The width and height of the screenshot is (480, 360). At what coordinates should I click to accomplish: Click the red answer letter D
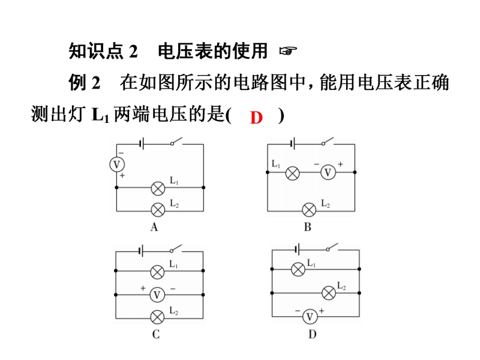(257, 117)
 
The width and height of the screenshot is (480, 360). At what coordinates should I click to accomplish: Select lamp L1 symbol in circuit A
(157, 188)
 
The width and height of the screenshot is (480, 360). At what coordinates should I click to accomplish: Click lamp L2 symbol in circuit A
(157, 210)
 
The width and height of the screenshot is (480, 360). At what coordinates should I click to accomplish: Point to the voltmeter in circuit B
(327, 173)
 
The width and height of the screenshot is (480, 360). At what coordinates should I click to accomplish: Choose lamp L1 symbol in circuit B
(292, 173)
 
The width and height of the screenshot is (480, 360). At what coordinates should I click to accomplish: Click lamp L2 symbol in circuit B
(309, 210)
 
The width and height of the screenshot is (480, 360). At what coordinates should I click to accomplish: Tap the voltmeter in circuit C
(157, 295)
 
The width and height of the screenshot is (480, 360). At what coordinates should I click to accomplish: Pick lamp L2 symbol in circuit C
(157, 317)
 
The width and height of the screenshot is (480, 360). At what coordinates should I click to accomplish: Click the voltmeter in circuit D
(310, 316)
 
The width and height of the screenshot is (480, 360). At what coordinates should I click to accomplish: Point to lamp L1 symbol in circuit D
(298, 269)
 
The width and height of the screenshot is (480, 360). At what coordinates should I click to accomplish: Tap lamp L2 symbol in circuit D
(328, 292)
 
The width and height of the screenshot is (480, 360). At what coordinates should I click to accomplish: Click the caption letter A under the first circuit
(155, 227)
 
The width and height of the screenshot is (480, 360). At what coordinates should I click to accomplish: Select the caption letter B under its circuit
(308, 227)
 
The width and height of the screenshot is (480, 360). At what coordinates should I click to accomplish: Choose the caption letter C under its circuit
(155, 334)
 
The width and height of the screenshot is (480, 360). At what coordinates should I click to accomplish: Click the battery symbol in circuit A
(141, 144)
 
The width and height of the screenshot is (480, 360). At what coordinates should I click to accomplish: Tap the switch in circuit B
(328, 143)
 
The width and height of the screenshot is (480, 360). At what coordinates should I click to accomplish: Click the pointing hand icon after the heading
(287, 52)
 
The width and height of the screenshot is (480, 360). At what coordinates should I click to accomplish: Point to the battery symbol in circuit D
(295, 249)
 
